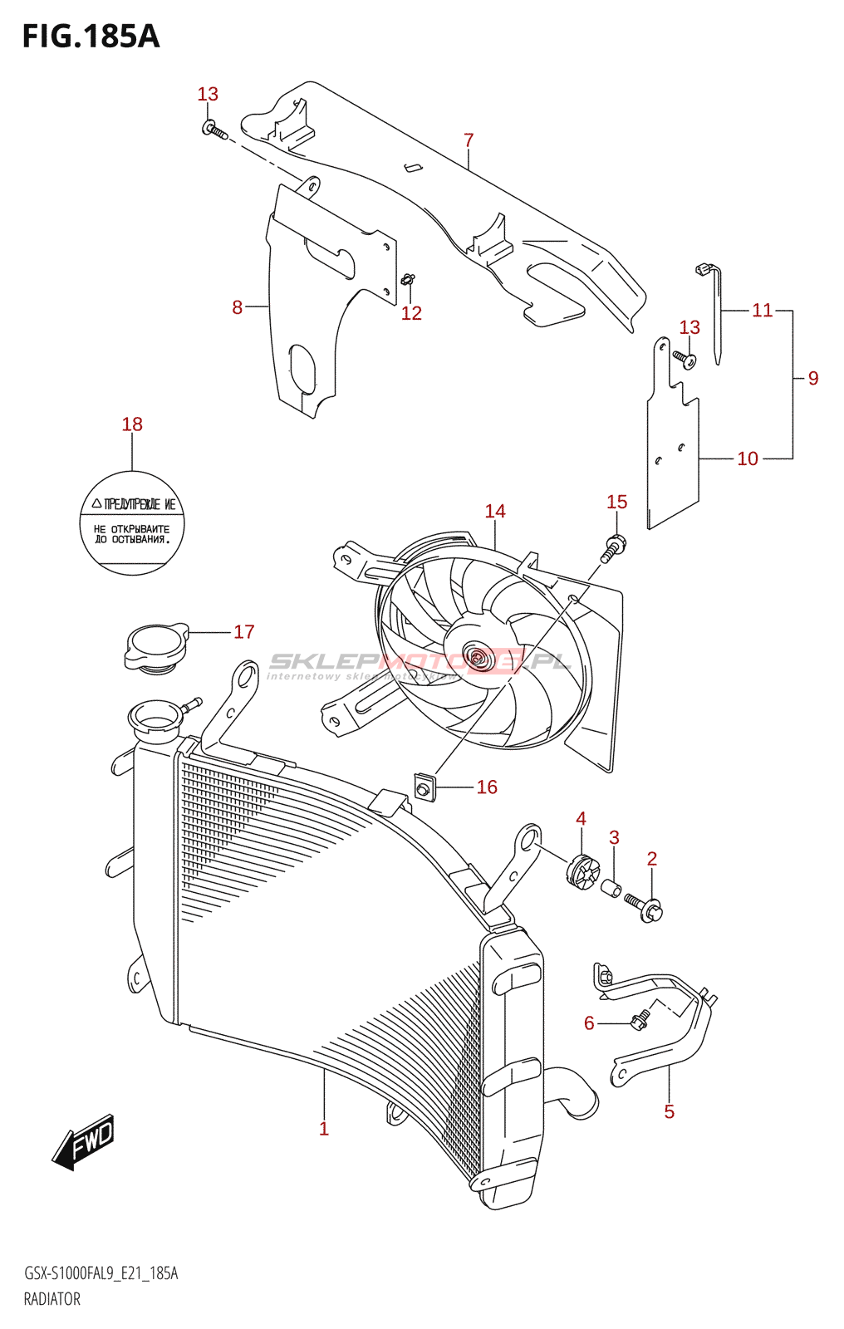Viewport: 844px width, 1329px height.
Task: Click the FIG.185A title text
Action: pos(91,37)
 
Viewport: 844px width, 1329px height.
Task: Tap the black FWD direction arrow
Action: pos(84,1142)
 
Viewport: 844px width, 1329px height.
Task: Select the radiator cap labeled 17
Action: pos(155,647)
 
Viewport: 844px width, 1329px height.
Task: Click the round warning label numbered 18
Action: pos(132,523)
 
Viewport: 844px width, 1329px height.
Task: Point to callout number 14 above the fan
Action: pos(495,511)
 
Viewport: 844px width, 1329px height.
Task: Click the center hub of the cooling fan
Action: pos(477,658)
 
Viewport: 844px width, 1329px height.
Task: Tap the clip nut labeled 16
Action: pos(424,785)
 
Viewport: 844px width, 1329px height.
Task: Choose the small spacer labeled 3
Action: pos(611,889)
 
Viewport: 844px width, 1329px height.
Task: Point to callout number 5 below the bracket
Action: pos(670,1111)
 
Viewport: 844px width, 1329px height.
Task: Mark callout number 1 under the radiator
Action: pos(324,1129)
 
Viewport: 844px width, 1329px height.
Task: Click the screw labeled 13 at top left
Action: pos(213,130)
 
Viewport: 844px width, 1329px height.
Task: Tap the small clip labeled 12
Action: pos(408,280)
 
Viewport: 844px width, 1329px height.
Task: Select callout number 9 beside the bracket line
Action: pos(813,378)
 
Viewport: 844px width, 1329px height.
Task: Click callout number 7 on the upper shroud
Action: pos(469,140)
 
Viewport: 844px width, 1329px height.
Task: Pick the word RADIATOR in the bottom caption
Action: pos(52,1299)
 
